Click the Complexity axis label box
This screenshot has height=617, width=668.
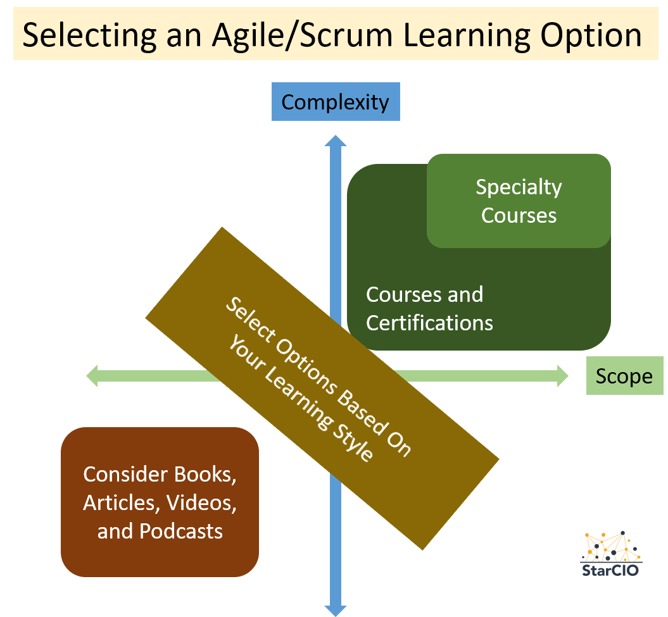[x=335, y=102]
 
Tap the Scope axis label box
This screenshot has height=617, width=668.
[x=624, y=377]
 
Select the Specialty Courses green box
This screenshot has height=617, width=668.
[x=519, y=201]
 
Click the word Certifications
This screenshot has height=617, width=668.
[x=429, y=323]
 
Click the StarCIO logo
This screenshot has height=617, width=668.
[x=611, y=554]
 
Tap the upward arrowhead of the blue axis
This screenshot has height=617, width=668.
[x=335, y=141]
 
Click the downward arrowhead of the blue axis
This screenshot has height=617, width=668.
[x=335, y=609]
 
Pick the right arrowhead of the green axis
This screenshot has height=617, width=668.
[x=562, y=376]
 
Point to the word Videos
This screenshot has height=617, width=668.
[x=201, y=502]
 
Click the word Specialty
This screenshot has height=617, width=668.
[x=519, y=187]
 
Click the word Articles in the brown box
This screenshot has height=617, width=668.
[x=121, y=502]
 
